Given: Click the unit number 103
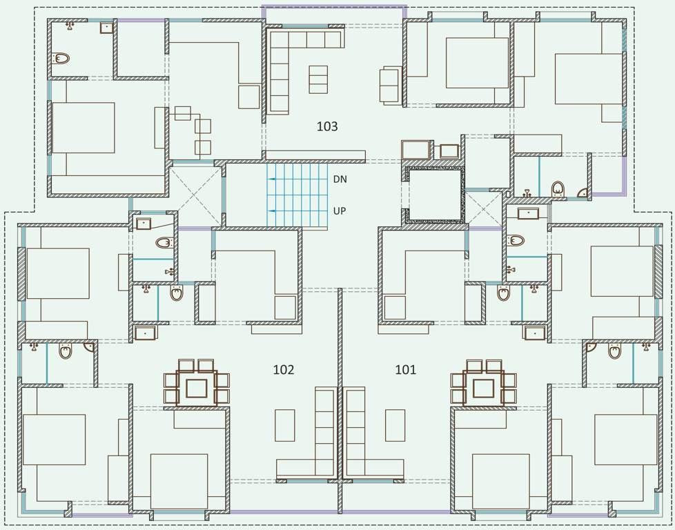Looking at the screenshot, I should tap(327, 126).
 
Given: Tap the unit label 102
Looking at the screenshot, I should tap(284, 370).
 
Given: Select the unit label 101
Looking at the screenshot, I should tap(406, 370).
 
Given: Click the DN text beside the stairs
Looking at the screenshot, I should tap(340, 179).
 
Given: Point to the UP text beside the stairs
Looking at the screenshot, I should tap(340, 210).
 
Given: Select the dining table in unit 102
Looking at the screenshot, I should tap(197, 388).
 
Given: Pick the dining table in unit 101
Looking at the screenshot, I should tap(483, 388).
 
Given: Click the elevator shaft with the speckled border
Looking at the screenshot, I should tap(435, 195).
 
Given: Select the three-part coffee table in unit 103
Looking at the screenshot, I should tap(318, 79).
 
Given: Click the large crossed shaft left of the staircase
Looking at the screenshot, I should tap(196, 195).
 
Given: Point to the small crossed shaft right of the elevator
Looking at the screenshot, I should tap(483, 208).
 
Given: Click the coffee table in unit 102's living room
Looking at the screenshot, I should tap(285, 425).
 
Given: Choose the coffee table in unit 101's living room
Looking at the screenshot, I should tap(395, 425).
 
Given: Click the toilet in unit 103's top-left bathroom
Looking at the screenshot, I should tap(61, 59).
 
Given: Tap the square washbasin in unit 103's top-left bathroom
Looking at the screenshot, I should tap(106, 28).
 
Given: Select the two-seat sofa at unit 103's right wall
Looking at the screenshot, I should tap(390, 86).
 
